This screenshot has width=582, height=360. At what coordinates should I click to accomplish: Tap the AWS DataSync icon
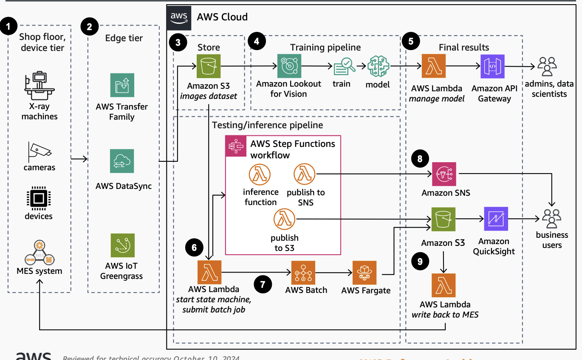point(122,161)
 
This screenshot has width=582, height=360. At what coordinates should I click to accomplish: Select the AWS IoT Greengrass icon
point(122,245)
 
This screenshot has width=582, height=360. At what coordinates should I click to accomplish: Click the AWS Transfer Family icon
point(122,85)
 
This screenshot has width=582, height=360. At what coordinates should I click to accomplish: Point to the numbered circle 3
point(178,42)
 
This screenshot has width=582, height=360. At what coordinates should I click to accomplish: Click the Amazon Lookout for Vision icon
point(289,66)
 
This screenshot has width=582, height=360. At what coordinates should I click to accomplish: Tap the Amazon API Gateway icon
point(492,66)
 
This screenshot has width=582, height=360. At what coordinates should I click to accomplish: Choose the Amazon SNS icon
point(444,174)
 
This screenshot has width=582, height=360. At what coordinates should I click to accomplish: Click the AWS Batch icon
point(303,273)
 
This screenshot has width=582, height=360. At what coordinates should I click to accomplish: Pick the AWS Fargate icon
point(364,273)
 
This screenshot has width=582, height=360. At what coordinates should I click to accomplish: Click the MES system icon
point(40,253)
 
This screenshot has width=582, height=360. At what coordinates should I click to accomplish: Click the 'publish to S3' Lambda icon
point(284,219)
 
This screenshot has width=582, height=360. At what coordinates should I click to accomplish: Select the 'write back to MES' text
point(445,315)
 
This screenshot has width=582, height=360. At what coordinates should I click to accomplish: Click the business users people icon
point(551,218)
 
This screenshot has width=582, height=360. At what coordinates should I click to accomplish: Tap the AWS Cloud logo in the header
point(179,17)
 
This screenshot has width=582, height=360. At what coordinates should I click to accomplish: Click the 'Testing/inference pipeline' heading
point(268,125)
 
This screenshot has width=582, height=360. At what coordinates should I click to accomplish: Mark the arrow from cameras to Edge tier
point(79,159)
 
